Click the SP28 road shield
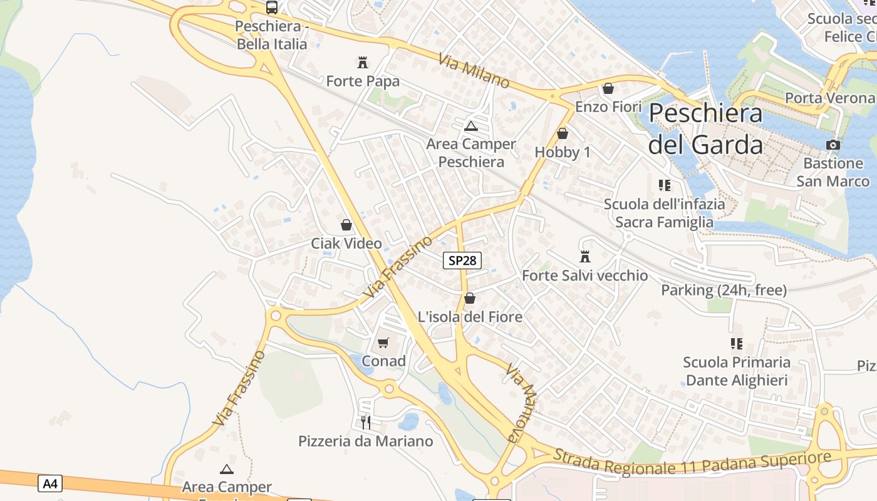(x=462, y=261)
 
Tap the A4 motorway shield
(x=50, y=483)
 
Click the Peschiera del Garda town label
(x=705, y=128)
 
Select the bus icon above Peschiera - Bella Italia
(x=271, y=8)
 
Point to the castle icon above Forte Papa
(x=362, y=62)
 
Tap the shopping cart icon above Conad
(x=383, y=343)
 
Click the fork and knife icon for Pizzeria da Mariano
(x=366, y=422)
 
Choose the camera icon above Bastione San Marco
(x=833, y=145)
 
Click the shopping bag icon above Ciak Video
(x=346, y=225)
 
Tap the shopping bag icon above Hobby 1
(x=562, y=133)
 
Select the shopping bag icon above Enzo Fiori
(x=608, y=88)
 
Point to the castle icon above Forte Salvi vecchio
(x=585, y=257)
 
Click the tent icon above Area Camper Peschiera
(x=471, y=126)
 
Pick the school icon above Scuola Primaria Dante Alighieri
(x=736, y=343)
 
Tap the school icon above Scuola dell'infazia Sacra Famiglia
(x=664, y=185)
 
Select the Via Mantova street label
(x=522, y=402)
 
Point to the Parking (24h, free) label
(x=724, y=290)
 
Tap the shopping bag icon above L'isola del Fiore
(x=470, y=298)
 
